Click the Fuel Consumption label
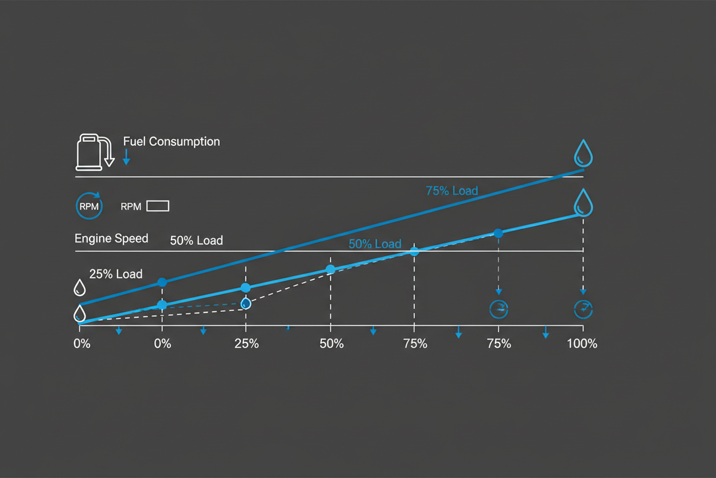[171, 141]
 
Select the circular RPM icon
[89, 205]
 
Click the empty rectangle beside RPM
[158, 206]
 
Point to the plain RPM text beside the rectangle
[131, 207]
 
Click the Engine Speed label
[111, 238]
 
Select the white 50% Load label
[196, 241]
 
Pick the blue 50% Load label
[375, 244]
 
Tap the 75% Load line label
[452, 191]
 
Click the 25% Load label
[116, 274]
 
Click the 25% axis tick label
[246, 344]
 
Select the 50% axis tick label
[331, 344]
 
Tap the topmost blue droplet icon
[583, 152]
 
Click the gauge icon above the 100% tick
[583, 309]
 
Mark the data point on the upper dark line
[162, 282]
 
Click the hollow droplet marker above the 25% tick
[246, 303]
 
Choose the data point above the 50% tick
[330, 269]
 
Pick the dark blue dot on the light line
[498, 233]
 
